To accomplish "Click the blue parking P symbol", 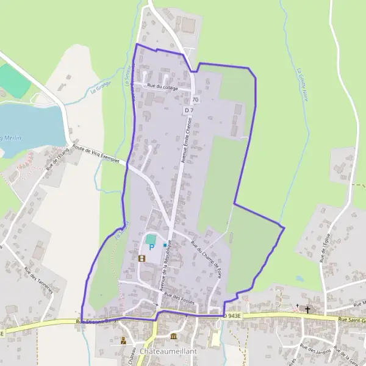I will pos(151,247).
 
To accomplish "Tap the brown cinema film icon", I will pos(142,258).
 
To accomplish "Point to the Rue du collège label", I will pos(162,88).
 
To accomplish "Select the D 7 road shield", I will pos(188,110).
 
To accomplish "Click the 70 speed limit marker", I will pos(195,99).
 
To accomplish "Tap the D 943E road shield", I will pos(232,316).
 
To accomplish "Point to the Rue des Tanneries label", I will pos(39,280).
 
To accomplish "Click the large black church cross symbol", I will pos(307,309).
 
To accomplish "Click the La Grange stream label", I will pos(98,89).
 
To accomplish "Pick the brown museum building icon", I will pos(174,337).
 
